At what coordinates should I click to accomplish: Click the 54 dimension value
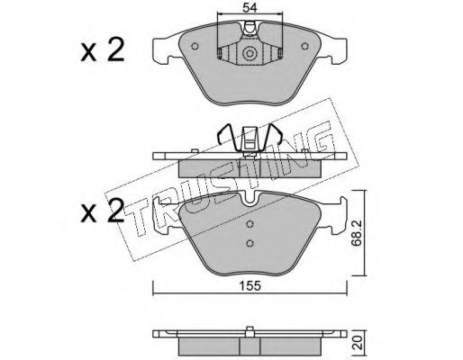250,8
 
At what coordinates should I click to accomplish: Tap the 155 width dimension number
250,286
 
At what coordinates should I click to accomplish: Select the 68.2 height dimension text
357,233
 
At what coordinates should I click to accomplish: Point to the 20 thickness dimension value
359,342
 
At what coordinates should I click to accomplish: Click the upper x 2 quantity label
103,49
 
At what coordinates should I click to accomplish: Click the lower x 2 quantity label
103,211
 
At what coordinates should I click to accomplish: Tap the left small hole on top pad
195,46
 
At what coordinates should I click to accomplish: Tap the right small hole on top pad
304,46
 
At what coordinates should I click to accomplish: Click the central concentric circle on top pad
250,53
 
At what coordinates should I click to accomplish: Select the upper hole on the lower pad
250,224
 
